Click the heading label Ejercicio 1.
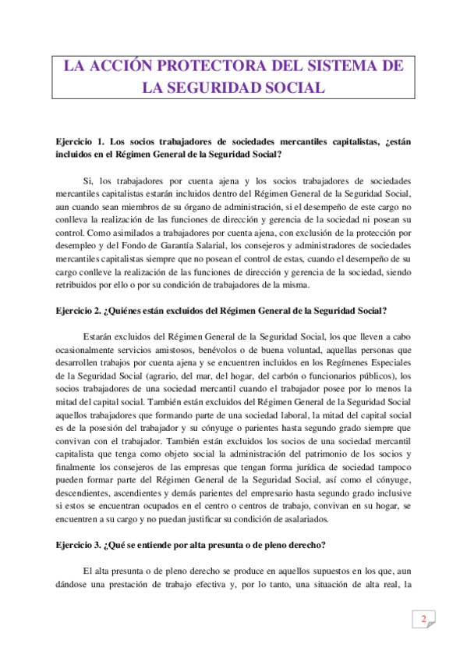coord(80,141)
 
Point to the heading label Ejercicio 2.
coord(79,311)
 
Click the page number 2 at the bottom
coord(423,620)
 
